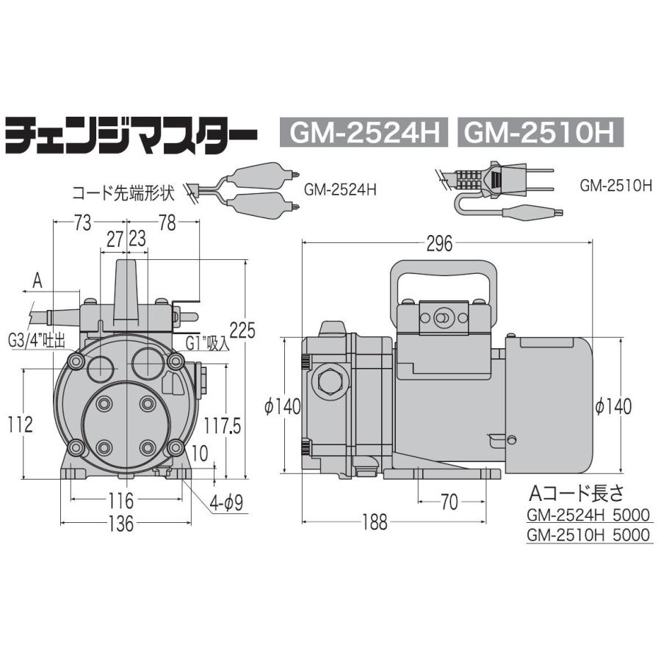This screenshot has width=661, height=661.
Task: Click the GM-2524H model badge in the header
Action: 358,134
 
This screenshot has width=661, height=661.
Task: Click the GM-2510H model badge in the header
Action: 539,134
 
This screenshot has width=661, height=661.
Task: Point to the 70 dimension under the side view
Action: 449,502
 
